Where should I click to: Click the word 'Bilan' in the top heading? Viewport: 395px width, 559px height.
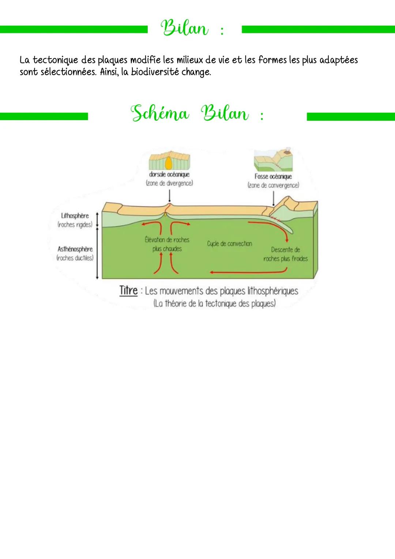coord(184,29)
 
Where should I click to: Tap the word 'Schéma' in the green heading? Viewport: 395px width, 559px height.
coord(160,113)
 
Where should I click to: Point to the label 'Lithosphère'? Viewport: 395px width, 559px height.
coord(75,216)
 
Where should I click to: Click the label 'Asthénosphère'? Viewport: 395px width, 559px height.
coord(75,249)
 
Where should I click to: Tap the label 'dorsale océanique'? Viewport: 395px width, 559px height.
coord(169,175)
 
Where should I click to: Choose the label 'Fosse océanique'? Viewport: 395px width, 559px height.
coord(273,176)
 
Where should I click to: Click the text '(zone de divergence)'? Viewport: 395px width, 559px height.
coord(169,183)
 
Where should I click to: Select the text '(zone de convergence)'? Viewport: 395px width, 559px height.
coord(273,185)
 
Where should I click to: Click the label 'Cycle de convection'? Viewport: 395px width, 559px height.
coord(229,243)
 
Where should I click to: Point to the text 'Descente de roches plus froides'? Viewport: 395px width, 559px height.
coord(285,254)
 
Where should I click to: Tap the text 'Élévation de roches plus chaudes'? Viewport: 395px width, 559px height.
coord(167,244)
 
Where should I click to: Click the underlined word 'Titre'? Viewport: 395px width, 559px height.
coord(128,291)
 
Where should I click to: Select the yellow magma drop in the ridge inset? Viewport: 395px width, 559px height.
coord(169,162)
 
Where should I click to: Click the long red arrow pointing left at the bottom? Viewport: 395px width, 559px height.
coord(249,272)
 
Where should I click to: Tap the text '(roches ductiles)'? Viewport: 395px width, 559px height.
coord(75,258)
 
